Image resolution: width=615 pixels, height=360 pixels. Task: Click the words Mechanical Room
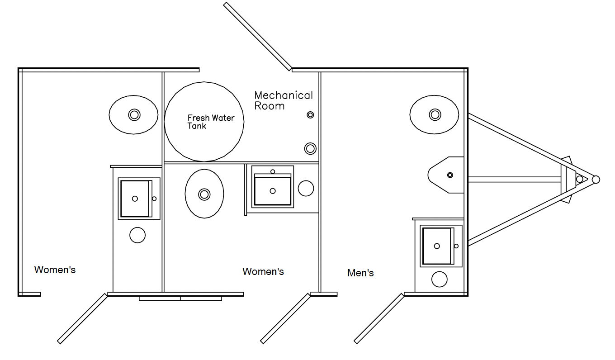[283, 100]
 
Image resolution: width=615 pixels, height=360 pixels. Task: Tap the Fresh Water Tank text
[211, 122]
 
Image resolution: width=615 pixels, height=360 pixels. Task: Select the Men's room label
[360, 273]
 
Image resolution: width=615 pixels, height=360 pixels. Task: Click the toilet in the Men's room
[434, 114]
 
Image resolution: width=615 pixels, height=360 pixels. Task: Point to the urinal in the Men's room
[447, 175]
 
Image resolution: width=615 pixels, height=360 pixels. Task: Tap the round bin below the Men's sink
[439, 279]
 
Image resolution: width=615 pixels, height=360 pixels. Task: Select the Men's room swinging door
[379, 318]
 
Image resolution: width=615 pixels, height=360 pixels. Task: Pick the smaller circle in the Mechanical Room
[310, 115]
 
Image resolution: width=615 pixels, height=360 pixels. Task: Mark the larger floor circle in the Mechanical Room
[310, 148]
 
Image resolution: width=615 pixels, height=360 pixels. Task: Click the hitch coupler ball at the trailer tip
[596, 180]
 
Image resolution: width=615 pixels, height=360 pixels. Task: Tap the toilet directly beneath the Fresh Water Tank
[204, 194]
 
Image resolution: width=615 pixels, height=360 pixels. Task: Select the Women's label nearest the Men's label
[263, 271]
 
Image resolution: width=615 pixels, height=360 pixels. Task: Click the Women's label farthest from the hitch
[55, 270]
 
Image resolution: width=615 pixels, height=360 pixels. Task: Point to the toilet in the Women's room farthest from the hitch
[134, 114]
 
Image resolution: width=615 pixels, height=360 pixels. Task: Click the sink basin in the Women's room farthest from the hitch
[135, 199]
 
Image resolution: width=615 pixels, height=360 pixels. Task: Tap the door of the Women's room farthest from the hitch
[82, 318]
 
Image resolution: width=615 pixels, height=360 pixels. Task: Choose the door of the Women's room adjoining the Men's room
[285, 318]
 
